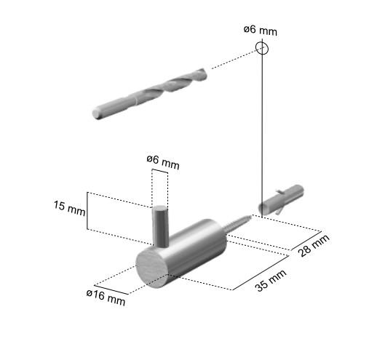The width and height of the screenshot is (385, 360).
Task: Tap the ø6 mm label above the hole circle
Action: [260, 30]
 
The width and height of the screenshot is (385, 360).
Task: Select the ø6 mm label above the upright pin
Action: [162, 161]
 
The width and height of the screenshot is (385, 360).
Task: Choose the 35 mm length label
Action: [270, 279]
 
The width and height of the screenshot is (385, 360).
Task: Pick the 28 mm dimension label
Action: [314, 245]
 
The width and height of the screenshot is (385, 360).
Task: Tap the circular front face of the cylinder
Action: [153, 266]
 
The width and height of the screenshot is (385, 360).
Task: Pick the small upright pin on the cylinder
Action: [160, 225]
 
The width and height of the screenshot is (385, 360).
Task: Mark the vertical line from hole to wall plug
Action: [262, 124]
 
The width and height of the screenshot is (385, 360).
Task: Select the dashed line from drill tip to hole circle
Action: [233, 60]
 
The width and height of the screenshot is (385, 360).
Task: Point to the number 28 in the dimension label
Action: [306, 249]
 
